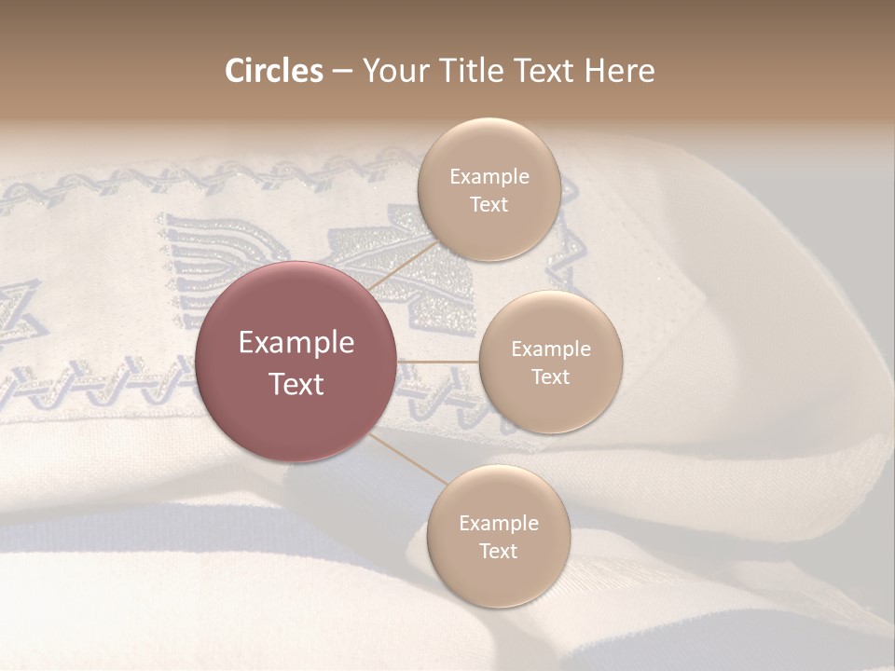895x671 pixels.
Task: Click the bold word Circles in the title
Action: tap(273, 71)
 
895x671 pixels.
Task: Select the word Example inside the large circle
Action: tap(296, 343)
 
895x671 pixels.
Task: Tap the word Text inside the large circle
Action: tap(296, 384)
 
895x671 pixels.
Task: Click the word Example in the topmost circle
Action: tap(489, 176)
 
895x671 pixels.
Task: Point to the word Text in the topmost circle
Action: tap(489, 204)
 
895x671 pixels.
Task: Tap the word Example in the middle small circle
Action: tap(550, 349)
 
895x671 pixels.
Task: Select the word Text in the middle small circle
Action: tap(550, 377)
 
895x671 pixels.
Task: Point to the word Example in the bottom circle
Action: tap(498, 523)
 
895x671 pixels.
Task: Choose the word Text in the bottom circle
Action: tap(498, 551)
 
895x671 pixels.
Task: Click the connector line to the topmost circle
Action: tap(403, 264)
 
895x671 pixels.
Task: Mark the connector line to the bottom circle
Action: tap(407, 459)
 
